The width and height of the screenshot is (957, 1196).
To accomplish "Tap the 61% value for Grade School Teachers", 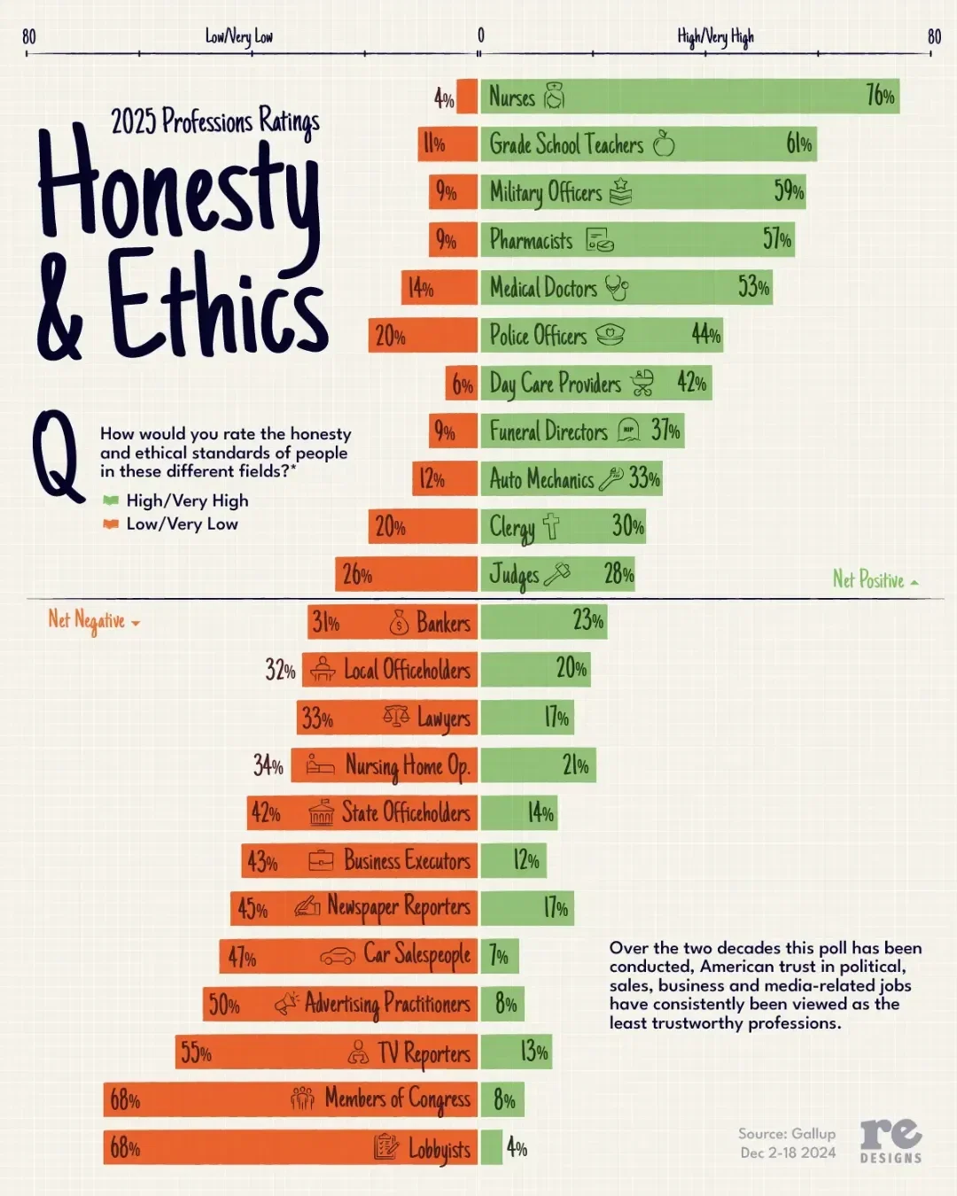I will pyautogui.click(x=798, y=144).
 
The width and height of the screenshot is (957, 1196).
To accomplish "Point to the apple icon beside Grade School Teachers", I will pyautogui.click(x=664, y=144).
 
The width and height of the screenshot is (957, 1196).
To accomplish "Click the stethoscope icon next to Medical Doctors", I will pyautogui.click(x=617, y=287).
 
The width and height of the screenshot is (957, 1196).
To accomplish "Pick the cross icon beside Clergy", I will pyautogui.click(x=551, y=526).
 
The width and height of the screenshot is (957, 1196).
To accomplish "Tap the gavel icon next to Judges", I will pyautogui.click(x=557, y=574).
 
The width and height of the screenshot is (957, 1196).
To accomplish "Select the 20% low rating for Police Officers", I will pyautogui.click(x=390, y=336).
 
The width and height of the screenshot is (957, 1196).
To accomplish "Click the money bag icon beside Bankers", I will pyautogui.click(x=399, y=623).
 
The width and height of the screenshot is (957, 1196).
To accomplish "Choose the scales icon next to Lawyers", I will pyautogui.click(x=396, y=716).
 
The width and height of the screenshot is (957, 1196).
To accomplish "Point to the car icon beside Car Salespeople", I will pyautogui.click(x=338, y=956).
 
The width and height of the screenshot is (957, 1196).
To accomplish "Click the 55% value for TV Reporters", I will pyautogui.click(x=196, y=1052).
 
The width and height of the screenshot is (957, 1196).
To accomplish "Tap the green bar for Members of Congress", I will pyautogui.click(x=502, y=1099).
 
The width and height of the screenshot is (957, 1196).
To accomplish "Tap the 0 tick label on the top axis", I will pyautogui.click(x=481, y=35).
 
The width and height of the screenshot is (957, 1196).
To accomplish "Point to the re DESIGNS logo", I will pyautogui.click(x=891, y=1139).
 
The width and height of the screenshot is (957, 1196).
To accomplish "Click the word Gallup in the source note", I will pyautogui.click(x=813, y=1133).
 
